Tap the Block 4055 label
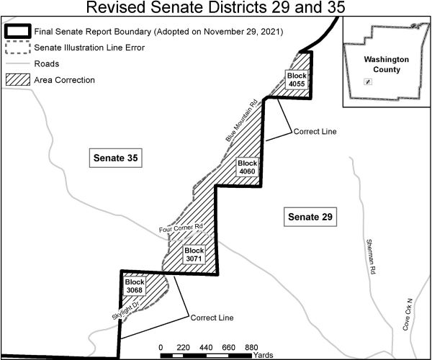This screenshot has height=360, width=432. coord(296,79)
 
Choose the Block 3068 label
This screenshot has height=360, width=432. coord(135,286)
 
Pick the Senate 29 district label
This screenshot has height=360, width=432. coord(308,216)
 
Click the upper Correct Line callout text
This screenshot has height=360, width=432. coord(314,132)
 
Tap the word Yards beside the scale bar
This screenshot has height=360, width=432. coord(262,355)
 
